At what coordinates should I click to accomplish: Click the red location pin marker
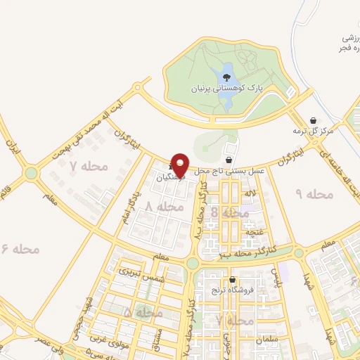180,165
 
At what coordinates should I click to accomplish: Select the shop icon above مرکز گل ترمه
313,120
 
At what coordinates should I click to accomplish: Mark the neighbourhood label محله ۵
138,311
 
